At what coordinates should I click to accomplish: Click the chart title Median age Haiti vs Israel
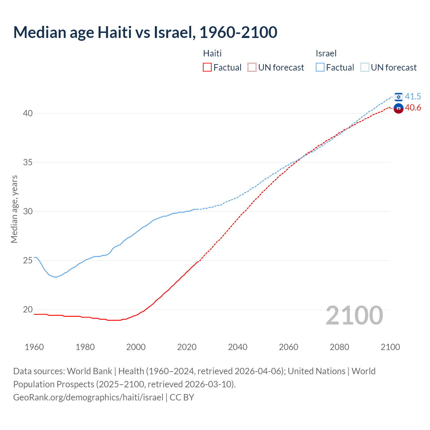pos(145,32)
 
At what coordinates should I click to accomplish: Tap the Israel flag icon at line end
pos(398,97)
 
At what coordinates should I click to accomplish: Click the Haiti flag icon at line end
pos(398,108)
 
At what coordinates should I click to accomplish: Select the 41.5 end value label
pos(413,96)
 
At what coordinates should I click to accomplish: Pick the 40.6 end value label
pos(413,107)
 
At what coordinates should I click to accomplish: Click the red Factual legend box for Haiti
pos(207,67)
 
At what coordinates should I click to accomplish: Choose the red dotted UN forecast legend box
pos(252,67)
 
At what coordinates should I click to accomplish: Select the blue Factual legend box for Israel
pos(320,67)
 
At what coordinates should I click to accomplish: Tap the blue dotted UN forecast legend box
pos(365,67)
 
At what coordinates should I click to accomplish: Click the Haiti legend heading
pos(212,53)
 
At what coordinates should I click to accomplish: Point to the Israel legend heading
pos(326,53)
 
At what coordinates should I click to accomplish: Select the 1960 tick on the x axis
pos(34,347)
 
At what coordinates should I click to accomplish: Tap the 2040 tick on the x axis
pos(238,347)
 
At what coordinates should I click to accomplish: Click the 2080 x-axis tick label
pos(339,347)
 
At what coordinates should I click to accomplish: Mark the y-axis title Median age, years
pos(14,209)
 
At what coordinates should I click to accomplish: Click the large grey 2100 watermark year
pos(354,315)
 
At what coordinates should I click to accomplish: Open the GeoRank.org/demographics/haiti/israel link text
pos(88,397)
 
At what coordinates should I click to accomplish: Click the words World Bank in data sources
pos(89,371)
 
